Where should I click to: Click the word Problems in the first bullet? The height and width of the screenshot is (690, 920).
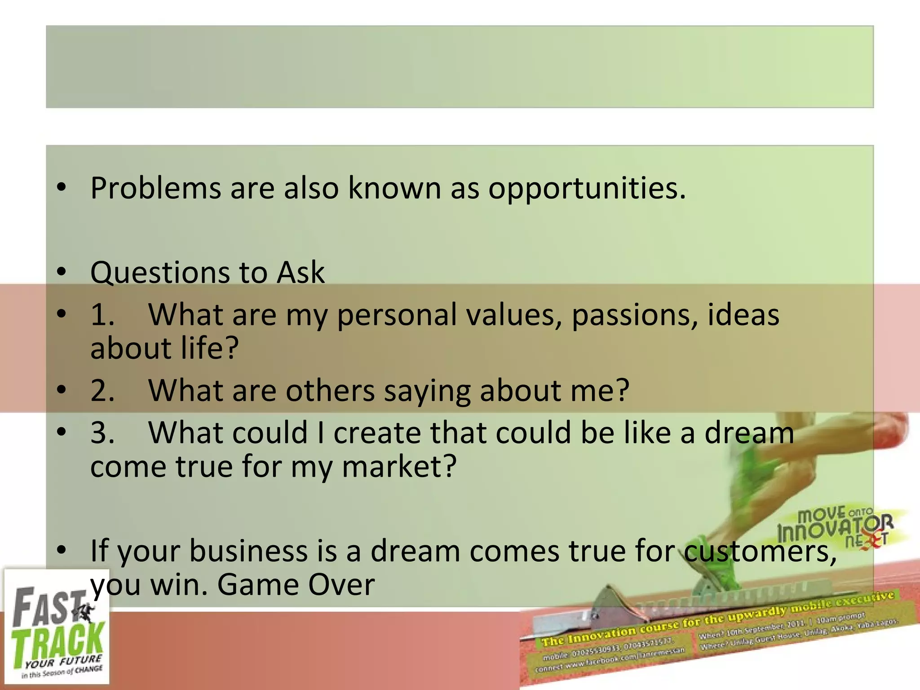pos(155,188)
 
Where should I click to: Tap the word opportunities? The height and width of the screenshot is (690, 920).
pos(587,189)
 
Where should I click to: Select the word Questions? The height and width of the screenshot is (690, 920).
pos(160,273)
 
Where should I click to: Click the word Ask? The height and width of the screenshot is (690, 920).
pos(300,272)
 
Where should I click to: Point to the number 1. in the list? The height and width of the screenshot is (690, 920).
pos(102,314)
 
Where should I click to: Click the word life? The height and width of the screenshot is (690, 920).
pos(203,348)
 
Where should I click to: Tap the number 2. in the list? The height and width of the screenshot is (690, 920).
pos(102,390)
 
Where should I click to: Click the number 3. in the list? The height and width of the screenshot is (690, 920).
pos(102,433)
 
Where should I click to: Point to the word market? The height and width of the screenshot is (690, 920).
pos(399,467)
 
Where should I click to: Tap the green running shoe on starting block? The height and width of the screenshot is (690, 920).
pos(714,566)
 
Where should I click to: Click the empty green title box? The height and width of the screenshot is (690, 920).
pos(459,66)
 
